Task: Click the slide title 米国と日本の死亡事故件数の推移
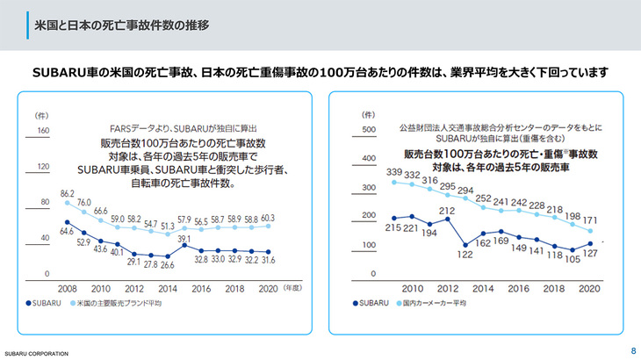(121, 25)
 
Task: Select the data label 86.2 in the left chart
(68, 192)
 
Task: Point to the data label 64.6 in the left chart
(68, 232)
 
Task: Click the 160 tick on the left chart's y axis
(40, 131)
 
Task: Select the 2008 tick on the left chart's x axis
(68, 288)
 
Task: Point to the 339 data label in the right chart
(393, 172)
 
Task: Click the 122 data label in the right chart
(465, 255)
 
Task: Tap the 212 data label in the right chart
(447, 211)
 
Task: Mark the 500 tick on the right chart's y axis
(369, 131)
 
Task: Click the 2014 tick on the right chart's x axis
(484, 288)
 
